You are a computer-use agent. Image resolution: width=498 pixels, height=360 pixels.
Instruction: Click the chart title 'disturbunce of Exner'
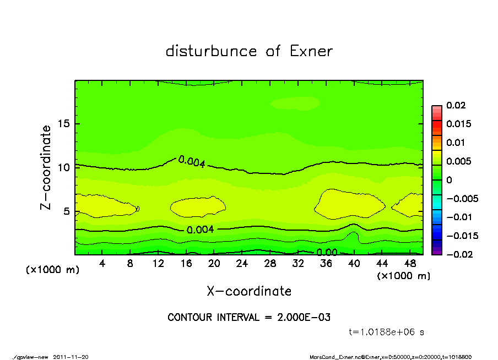249,51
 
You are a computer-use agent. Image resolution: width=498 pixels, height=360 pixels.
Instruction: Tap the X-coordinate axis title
249,291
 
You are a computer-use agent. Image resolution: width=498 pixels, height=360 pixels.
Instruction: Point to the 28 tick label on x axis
270,264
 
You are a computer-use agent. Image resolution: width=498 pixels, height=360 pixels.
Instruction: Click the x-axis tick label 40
354,264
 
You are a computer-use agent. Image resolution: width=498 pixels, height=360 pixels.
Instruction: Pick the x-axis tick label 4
102,264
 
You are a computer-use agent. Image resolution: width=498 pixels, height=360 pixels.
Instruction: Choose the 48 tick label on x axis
409,264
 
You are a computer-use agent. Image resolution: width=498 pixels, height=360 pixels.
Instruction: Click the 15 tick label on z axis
64,124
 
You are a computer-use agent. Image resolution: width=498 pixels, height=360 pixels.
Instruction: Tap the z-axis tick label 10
64,167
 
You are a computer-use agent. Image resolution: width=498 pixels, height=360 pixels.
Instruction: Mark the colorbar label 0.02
456,105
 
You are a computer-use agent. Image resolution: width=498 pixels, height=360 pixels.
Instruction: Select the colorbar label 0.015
458,124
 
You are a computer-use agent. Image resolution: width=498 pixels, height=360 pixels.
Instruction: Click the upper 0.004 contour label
192,162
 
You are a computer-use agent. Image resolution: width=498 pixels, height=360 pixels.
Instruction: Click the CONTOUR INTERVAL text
249,318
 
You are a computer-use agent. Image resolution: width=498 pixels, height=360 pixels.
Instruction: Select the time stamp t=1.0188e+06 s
386,332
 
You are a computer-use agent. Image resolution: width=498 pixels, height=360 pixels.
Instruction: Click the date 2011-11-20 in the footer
71,357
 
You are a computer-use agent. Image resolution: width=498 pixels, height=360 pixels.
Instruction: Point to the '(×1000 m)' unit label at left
53,270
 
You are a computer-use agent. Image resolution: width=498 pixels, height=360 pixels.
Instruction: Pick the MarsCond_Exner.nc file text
337,357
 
